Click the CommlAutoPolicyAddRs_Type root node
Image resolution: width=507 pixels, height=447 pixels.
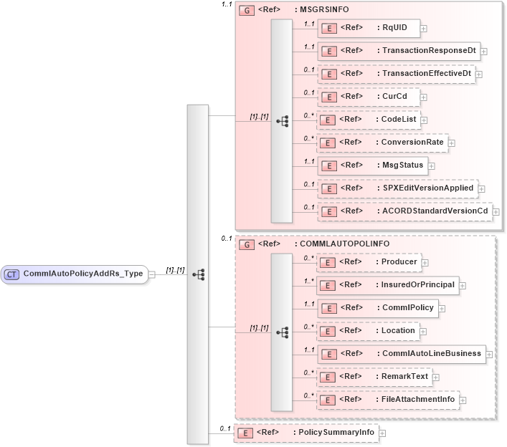coord(75,274)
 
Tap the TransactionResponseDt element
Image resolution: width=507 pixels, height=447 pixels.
coord(398,52)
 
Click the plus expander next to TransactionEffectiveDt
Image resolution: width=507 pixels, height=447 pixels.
coord(478,74)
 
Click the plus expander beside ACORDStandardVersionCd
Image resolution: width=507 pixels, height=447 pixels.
coord(496,212)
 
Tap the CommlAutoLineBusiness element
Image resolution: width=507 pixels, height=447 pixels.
coord(401,354)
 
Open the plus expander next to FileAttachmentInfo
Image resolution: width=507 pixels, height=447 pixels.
coord(464,400)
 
